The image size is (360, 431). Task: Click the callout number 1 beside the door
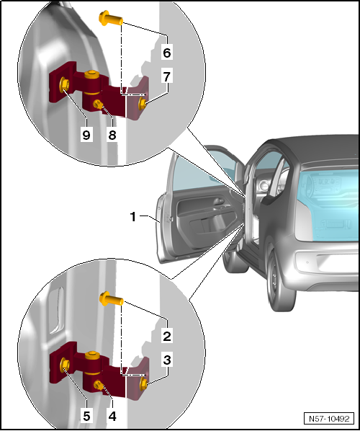pyautogui.click(x=133, y=217)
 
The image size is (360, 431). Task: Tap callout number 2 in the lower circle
pyautogui.click(x=167, y=336)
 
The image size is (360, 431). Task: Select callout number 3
pyautogui.click(x=167, y=360)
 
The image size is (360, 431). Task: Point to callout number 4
pyautogui.click(x=112, y=417)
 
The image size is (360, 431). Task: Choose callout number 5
pyautogui.click(x=86, y=417)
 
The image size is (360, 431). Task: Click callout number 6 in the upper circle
pyautogui.click(x=167, y=53)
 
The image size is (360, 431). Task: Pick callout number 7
pyautogui.click(x=167, y=76)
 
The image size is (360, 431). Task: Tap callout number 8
pyautogui.click(x=112, y=135)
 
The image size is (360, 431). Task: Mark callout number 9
pyautogui.click(x=86, y=135)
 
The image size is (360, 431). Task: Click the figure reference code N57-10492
pyautogui.click(x=329, y=419)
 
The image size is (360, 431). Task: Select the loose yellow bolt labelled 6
pyautogui.click(x=110, y=19)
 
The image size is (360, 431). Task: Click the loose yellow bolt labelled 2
pyautogui.click(x=111, y=299)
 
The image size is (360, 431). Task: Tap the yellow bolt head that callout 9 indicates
pyautogui.click(x=64, y=84)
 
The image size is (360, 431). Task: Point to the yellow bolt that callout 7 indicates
pyautogui.click(x=143, y=104)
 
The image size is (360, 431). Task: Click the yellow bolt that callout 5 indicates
pyautogui.click(x=65, y=365)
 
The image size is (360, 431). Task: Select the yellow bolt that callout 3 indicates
pyautogui.click(x=143, y=384)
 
